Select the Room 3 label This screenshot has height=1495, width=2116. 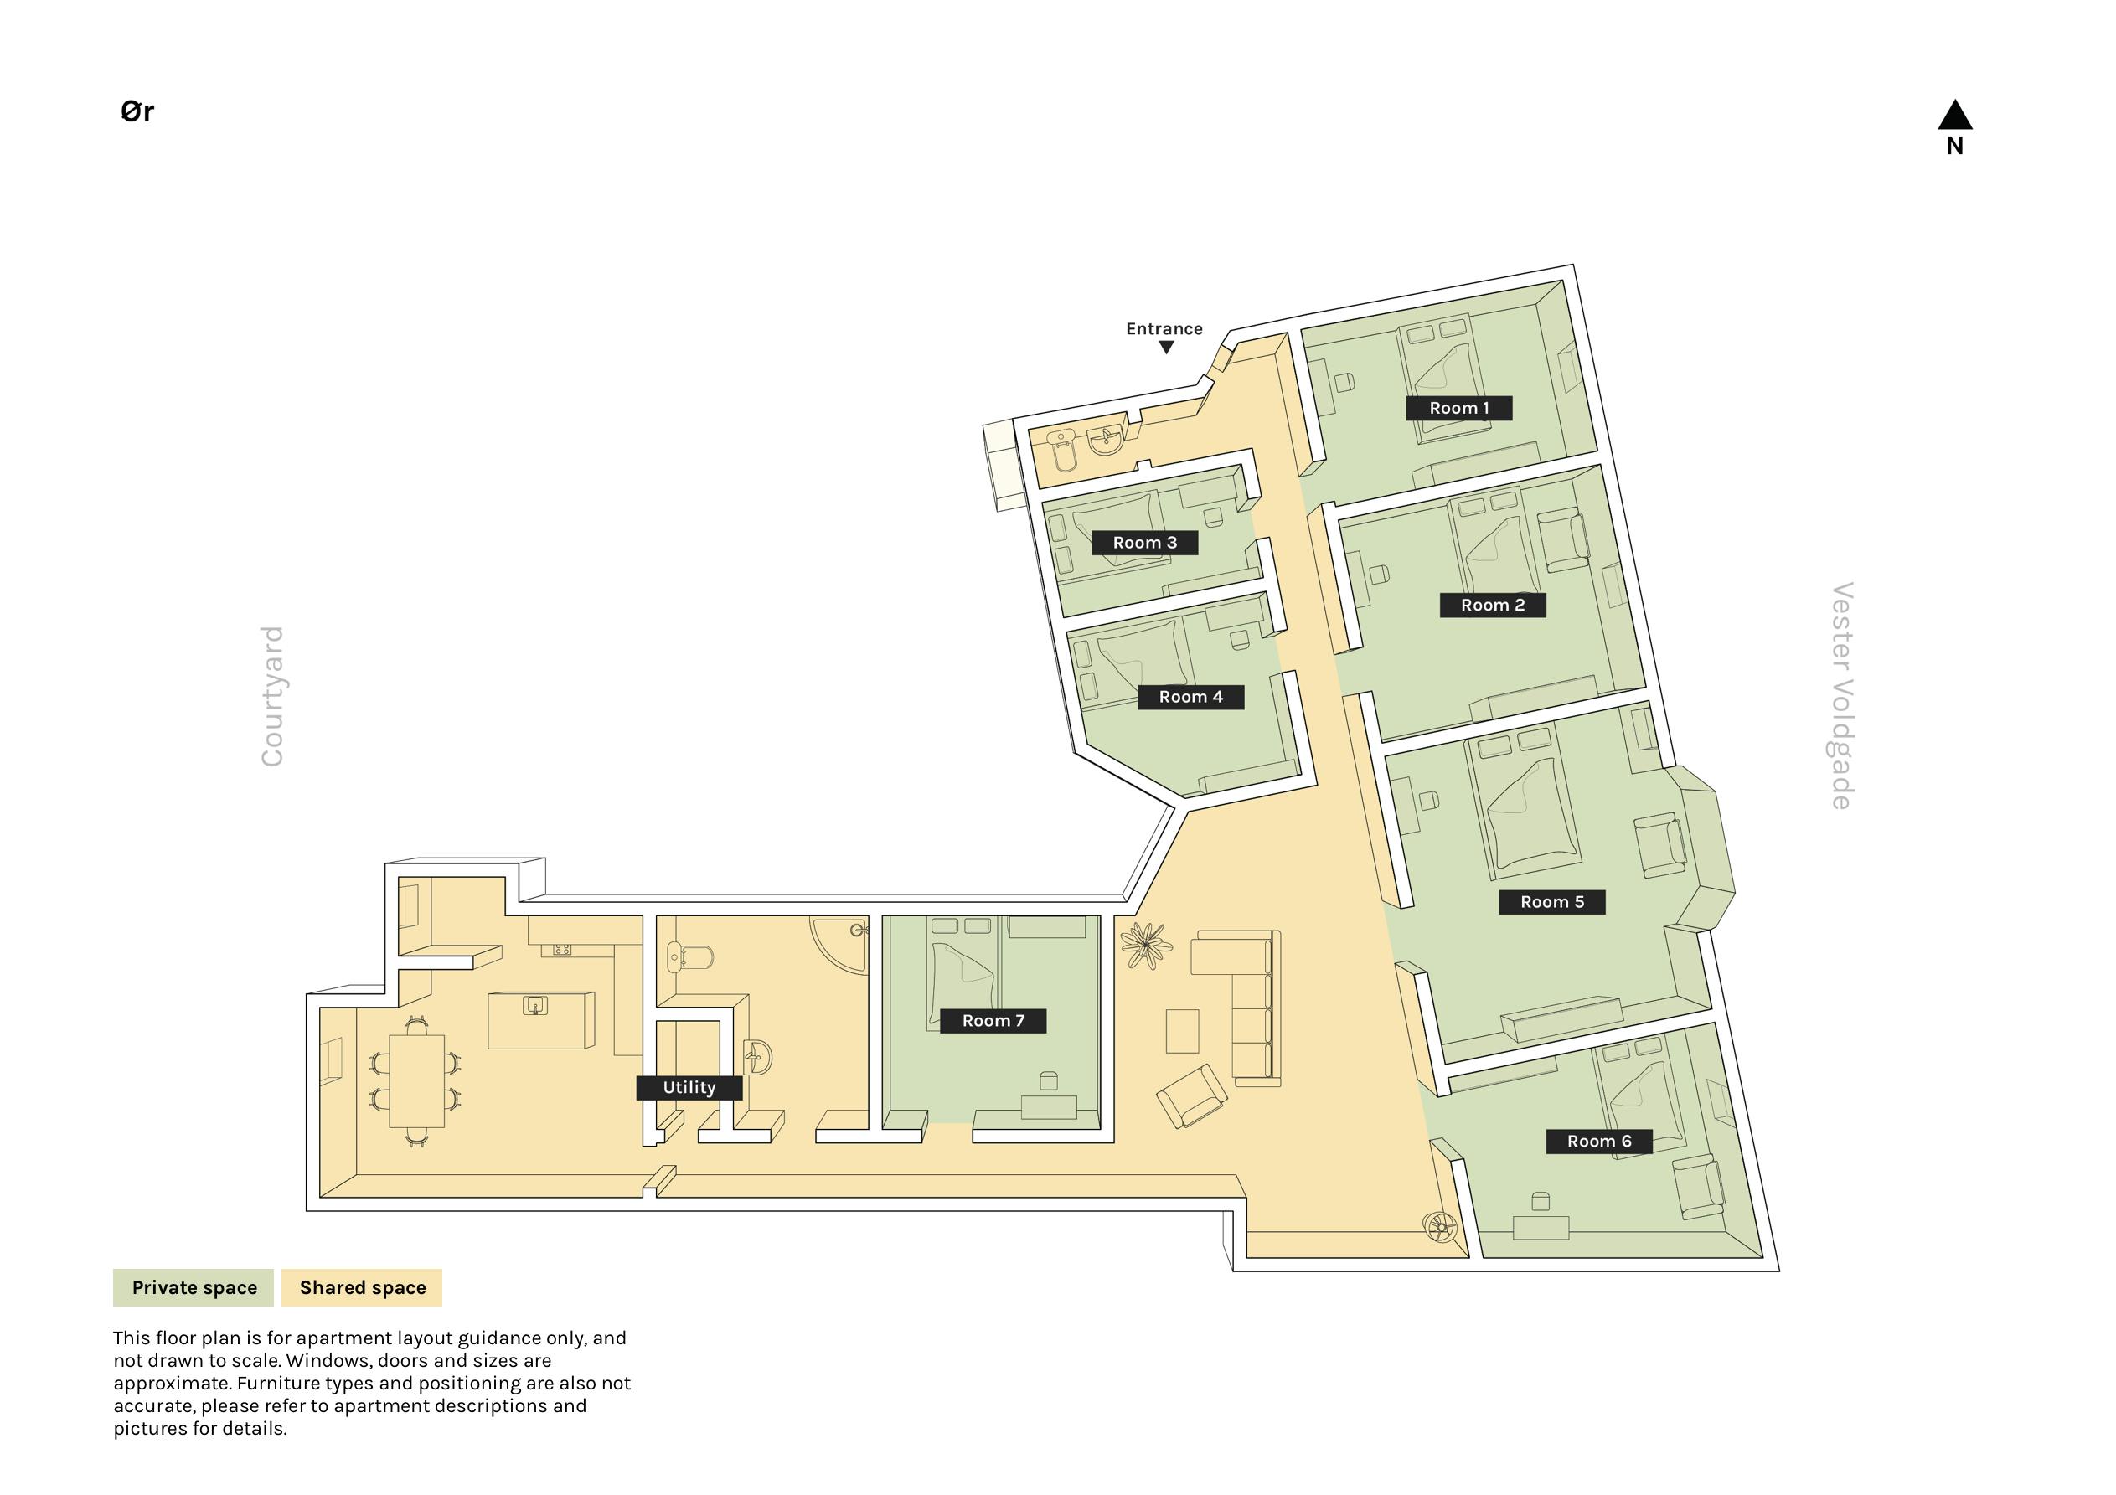pyautogui.click(x=1144, y=543)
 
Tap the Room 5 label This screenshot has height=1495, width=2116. pyautogui.click(x=1552, y=902)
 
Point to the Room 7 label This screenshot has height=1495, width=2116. pyautogui.click(x=993, y=1020)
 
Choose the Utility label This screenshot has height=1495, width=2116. pyautogui.click(x=689, y=1088)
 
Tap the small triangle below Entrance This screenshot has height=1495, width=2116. pyautogui.click(x=1166, y=348)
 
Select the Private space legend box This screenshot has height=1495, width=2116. pyautogui.click(x=194, y=1287)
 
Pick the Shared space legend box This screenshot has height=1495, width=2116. pyautogui.click(x=362, y=1287)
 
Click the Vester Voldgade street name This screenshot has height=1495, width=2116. pyautogui.click(x=1841, y=696)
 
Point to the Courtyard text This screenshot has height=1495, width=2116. pyautogui.click(x=272, y=696)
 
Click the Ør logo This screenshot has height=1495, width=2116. pyautogui.click(x=137, y=111)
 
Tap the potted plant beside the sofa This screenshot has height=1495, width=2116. pyautogui.click(x=1146, y=945)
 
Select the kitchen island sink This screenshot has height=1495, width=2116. pyautogui.click(x=535, y=1005)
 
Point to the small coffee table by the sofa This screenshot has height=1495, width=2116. pyautogui.click(x=1183, y=1030)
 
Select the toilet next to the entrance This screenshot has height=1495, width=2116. pyautogui.click(x=1064, y=451)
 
